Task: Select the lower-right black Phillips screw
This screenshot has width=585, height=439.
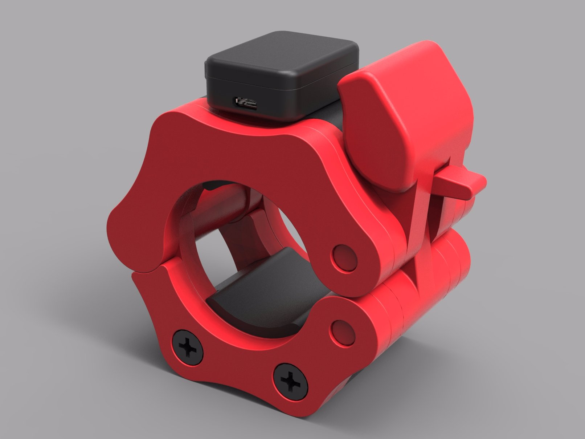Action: (291, 382)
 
